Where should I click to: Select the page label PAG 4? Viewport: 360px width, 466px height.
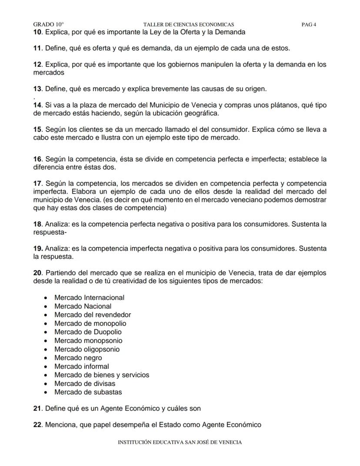tap(309, 25)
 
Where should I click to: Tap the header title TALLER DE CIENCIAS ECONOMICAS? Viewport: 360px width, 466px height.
tap(188, 25)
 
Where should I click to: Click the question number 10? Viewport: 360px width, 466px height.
tap(37, 32)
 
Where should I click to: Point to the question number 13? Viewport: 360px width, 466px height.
tap(37, 89)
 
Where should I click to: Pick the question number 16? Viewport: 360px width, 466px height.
tap(37, 159)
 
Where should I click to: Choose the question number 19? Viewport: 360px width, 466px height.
tap(37, 249)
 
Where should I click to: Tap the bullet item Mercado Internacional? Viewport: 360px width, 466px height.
tap(89, 298)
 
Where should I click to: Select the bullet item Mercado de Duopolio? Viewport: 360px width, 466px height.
tap(88, 332)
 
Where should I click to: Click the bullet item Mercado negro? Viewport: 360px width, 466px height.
tap(78, 358)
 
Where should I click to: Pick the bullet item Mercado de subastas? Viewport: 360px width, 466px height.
tap(88, 392)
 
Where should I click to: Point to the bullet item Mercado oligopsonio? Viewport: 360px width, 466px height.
tap(87, 349)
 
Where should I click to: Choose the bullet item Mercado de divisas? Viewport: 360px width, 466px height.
tap(85, 384)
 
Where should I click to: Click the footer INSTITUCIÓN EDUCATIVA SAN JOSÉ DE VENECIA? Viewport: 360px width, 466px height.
tap(180, 443)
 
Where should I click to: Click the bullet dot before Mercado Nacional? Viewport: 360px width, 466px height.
tap(46, 306)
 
